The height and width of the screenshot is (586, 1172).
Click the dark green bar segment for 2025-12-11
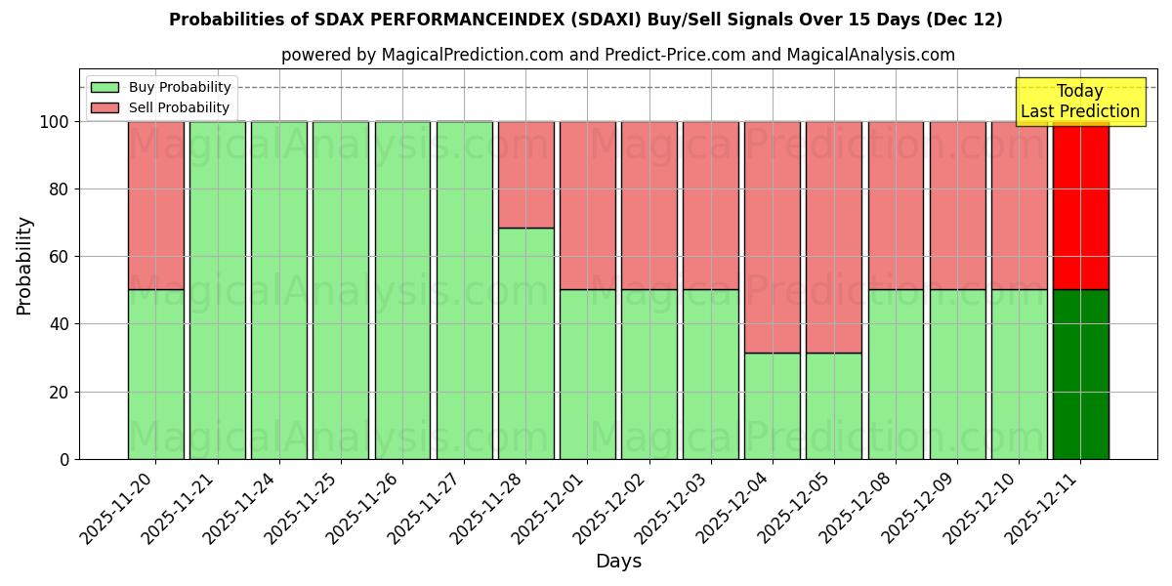point(1080,374)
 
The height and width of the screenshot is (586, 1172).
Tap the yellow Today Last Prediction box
point(1079,102)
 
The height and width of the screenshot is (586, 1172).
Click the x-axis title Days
point(618,562)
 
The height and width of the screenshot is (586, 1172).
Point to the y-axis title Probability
point(24,266)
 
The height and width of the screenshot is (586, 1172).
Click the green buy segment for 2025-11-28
point(525,343)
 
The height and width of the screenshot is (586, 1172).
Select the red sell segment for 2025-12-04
point(772,236)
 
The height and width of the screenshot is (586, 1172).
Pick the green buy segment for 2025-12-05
point(833,405)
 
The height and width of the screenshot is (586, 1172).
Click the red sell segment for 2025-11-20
point(155,205)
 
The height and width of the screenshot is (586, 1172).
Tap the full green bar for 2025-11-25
point(341,290)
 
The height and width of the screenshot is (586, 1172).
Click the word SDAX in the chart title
point(337,20)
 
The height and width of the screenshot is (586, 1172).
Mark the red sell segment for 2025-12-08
point(896,205)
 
